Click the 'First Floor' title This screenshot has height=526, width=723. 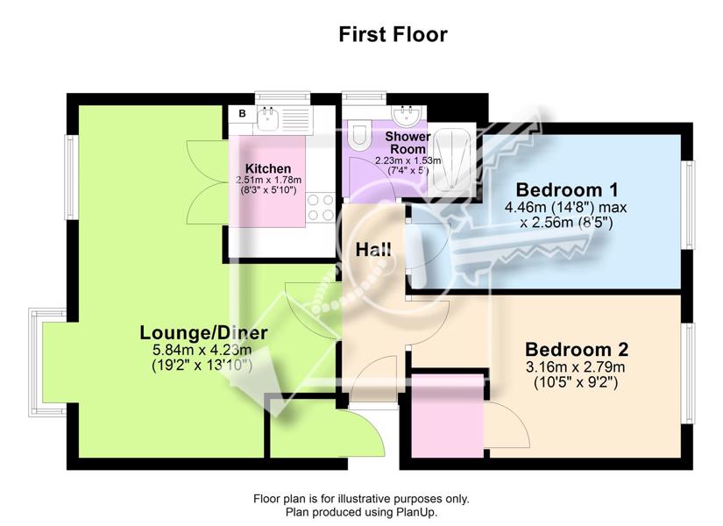[393, 34]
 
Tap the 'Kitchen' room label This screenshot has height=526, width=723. [268, 168]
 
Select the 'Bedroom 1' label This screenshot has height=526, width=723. [567, 189]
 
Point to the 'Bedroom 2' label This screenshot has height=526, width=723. [577, 349]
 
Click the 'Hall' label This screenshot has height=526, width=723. [373, 250]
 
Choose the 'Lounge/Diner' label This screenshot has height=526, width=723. [203, 332]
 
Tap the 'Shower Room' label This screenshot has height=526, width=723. [408, 143]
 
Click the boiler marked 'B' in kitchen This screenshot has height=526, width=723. [242, 113]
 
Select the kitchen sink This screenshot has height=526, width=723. [268, 118]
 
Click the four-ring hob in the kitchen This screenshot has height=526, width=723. [321, 207]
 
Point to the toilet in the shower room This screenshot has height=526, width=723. [359, 135]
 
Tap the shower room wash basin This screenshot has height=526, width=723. [406, 116]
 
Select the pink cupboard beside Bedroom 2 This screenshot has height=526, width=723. [447, 416]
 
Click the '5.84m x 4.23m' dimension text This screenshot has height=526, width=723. [202, 349]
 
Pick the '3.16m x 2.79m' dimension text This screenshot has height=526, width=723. [576, 367]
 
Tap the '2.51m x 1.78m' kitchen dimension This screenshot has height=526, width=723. [268, 180]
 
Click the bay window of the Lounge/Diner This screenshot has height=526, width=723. [47, 362]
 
